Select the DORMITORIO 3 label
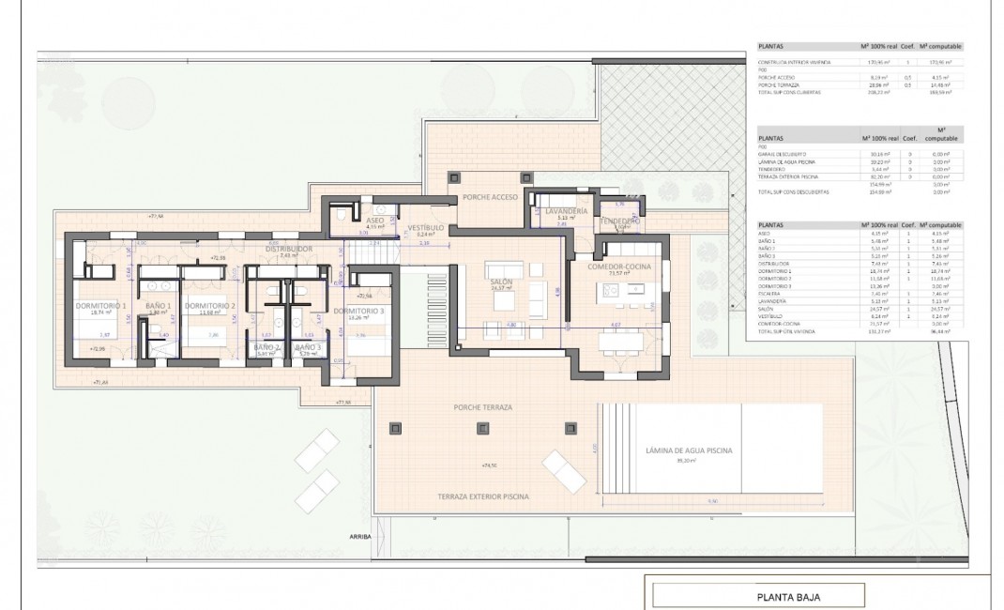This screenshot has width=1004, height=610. tap(359, 311)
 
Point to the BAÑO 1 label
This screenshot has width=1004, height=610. tap(158, 306)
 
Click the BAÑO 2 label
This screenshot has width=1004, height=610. tap(266, 347)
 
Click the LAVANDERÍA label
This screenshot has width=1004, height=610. tap(566, 213)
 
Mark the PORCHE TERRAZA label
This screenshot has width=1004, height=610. tap(481, 408)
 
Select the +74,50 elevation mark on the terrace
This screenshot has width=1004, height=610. tap(488, 465)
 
